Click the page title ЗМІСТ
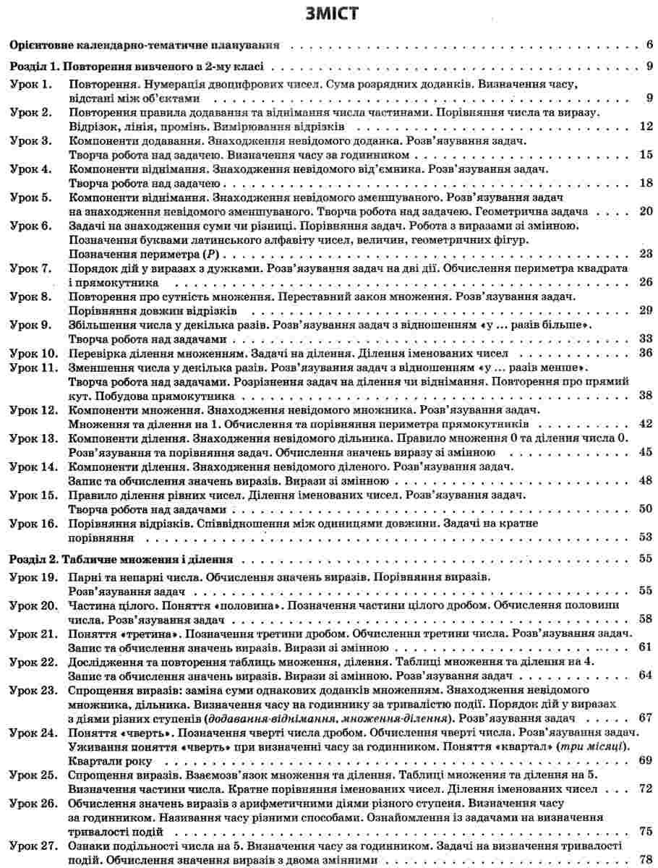click(328, 14)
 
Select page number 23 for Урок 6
click(646, 253)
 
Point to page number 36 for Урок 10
click(646, 353)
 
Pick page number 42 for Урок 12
click(646, 423)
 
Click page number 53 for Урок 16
click(646, 536)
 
